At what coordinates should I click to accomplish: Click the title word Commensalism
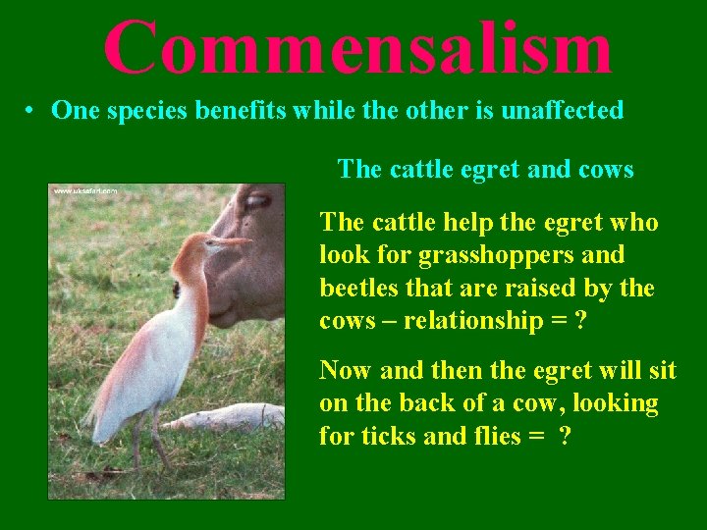(x=357, y=46)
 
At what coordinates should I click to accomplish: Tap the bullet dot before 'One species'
(x=32, y=111)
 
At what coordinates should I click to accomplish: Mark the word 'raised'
(x=532, y=289)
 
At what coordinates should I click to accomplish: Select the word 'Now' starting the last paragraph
(x=344, y=370)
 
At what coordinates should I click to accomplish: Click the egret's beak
(x=231, y=240)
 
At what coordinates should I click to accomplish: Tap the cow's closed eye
(x=257, y=201)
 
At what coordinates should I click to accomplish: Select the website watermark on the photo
(x=85, y=190)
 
